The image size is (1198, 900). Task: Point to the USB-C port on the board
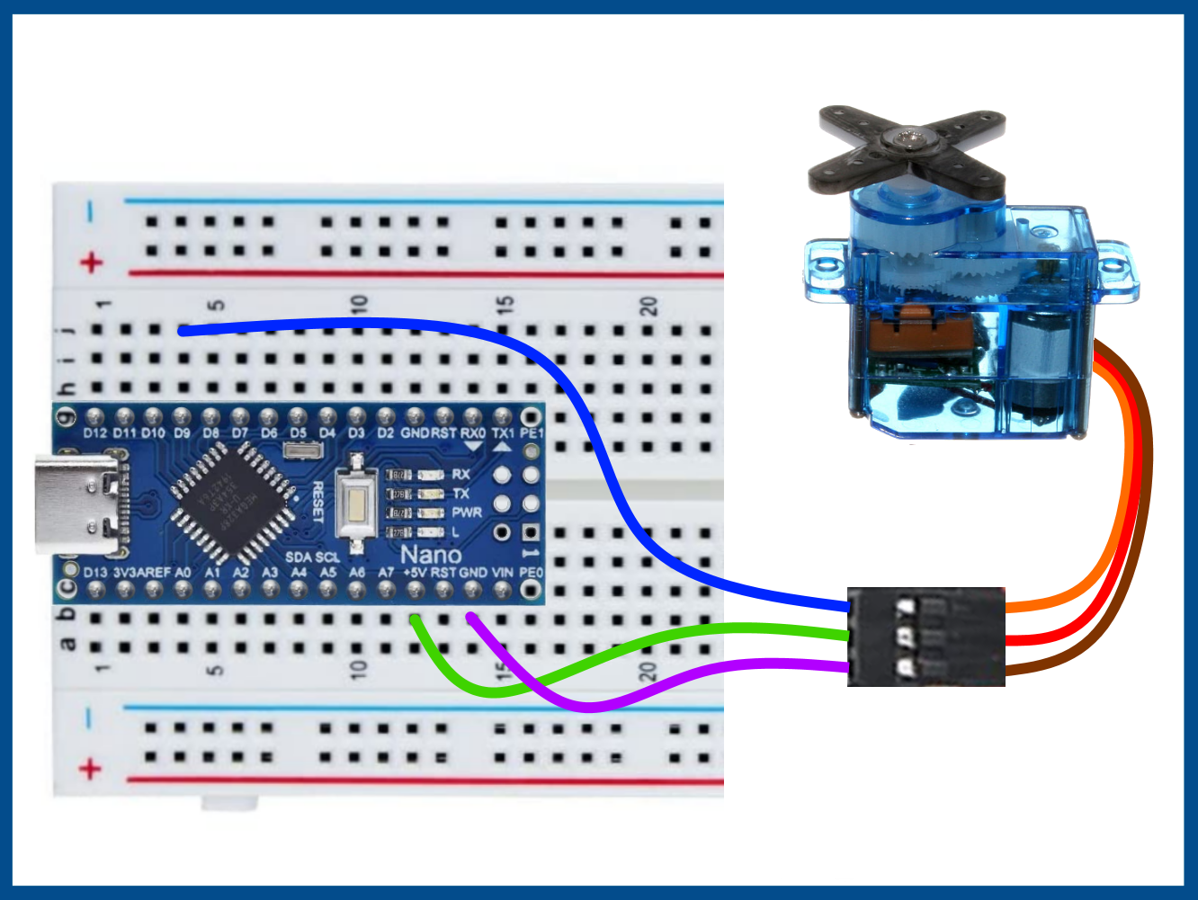click(x=76, y=504)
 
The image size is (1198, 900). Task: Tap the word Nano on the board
click(x=431, y=554)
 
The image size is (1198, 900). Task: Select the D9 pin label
click(x=182, y=432)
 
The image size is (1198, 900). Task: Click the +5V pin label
click(x=415, y=573)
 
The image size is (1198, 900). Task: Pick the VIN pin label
click(x=502, y=573)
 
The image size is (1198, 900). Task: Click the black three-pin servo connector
click(x=925, y=637)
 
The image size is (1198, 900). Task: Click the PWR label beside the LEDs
click(x=467, y=512)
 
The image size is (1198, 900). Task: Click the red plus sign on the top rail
click(x=91, y=263)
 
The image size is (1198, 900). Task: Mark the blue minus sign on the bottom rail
click(x=89, y=718)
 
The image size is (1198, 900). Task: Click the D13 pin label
click(x=94, y=573)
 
